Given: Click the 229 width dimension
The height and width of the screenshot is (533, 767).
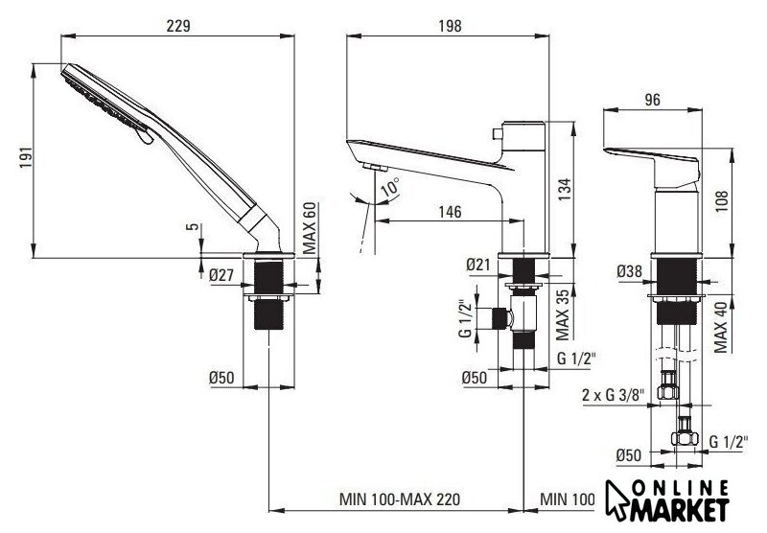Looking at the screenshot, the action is tap(178, 26).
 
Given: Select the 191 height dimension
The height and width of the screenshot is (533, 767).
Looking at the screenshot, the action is tap(27, 157).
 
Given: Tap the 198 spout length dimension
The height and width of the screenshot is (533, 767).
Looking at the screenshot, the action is tap(450, 26).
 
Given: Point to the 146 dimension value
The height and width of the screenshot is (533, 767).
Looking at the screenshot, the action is tap(450, 212).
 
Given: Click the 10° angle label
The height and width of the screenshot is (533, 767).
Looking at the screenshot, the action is tap(390, 187).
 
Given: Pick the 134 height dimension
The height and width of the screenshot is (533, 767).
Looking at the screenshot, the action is tap(565, 190).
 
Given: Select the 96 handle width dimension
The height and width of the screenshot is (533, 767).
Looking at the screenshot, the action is tap(652, 100).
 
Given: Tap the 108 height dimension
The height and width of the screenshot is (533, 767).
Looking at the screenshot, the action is tap(722, 201).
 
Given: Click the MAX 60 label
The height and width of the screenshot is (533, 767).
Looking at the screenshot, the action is tap(309, 228).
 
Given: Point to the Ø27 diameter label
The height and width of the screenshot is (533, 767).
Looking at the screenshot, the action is tap(221, 275).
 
